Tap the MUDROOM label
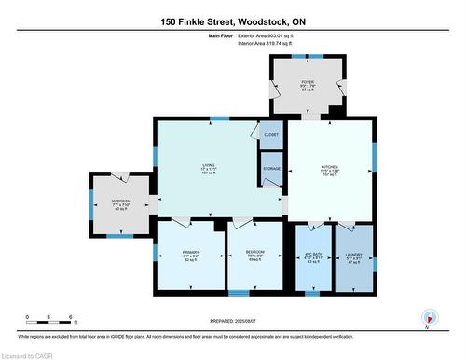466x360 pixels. [x=121, y=203]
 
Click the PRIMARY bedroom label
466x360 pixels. [x=191, y=256]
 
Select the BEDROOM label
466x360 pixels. [x=254, y=256]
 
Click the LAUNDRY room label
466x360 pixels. [x=354, y=256]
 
